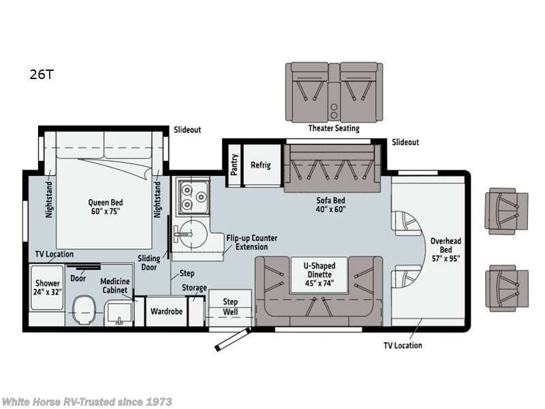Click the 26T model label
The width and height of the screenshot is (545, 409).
click(42, 74)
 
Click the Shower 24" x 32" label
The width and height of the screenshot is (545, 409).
click(47, 288)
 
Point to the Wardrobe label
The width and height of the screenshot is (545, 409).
click(166, 312)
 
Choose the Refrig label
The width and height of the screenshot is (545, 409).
click(261, 165)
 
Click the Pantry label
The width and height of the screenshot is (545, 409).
click(234, 165)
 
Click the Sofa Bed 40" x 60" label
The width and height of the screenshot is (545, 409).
click(330, 205)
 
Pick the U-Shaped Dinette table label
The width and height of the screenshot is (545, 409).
click(320, 275)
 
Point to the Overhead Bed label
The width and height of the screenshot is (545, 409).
click(446, 249)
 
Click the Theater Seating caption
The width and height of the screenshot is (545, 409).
click(334, 128)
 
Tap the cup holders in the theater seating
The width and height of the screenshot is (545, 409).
click(334, 111)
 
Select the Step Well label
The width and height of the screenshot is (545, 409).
click(230, 307)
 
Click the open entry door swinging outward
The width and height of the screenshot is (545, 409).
click(232, 339)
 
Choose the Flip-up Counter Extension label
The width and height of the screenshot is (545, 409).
click(251, 243)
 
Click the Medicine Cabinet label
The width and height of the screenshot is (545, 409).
click(115, 286)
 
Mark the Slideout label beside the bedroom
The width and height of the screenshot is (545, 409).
click(187, 130)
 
